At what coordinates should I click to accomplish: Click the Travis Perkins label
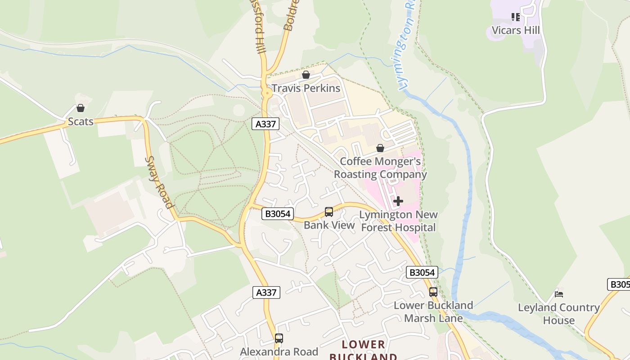click(306, 88)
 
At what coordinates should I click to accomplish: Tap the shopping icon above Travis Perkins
click(306, 75)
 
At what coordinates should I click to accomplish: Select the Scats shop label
click(81, 121)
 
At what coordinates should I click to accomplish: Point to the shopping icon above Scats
click(81, 108)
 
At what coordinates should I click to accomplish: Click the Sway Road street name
click(159, 182)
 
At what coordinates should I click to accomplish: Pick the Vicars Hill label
click(515, 31)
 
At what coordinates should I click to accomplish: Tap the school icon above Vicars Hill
click(515, 17)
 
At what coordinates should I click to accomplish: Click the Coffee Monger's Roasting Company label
click(380, 168)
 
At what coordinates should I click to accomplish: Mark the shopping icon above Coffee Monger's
click(380, 148)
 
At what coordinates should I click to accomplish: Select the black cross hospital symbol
click(398, 201)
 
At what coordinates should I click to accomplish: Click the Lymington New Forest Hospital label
click(398, 221)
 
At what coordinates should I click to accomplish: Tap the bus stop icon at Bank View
click(329, 212)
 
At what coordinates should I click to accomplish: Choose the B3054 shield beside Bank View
click(278, 214)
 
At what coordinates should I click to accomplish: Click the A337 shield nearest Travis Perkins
click(265, 124)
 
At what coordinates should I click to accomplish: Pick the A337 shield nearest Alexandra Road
click(266, 292)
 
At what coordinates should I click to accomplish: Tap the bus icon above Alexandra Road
click(279, 338)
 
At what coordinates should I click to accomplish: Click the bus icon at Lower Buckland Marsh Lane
click(433, 292)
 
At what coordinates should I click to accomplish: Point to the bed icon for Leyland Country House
click(559, 294)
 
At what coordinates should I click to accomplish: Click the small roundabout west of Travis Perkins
click(267, 94)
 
